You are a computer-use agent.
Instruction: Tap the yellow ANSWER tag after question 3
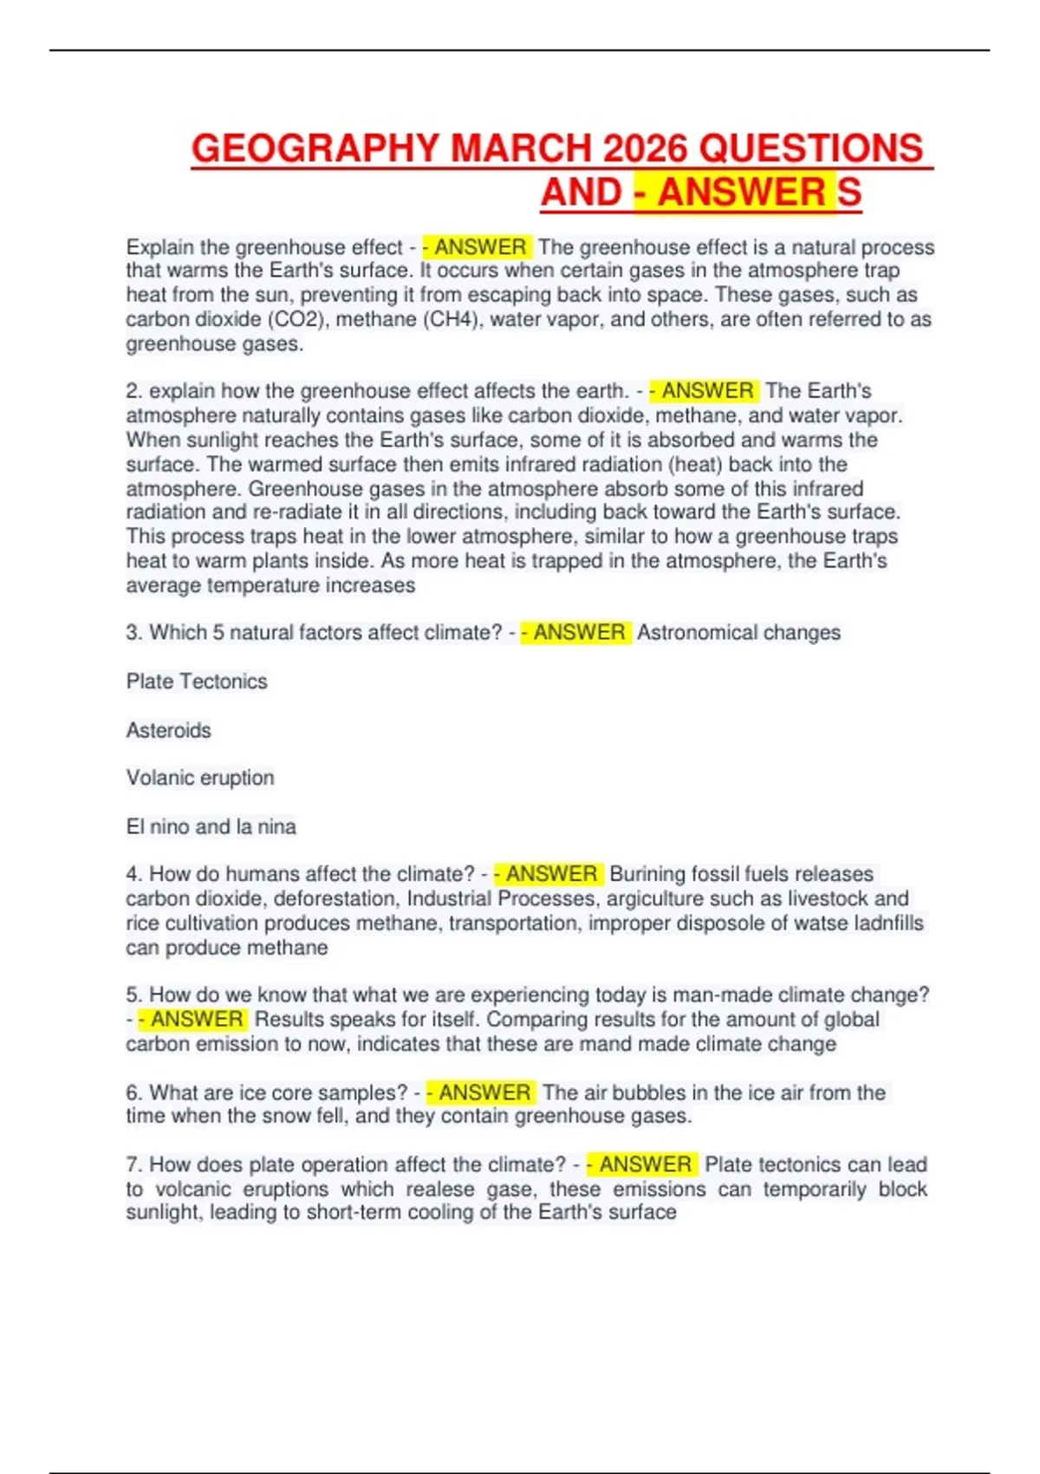[x=575, y=633]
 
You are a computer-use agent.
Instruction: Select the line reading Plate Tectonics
[x=197, y=682]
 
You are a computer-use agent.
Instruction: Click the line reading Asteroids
[x=169, y=730]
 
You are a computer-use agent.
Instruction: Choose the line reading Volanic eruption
[x=200, y=778]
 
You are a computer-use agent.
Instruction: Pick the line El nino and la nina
[x=211, y=826]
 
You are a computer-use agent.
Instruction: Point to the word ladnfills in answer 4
[x=888, y=923]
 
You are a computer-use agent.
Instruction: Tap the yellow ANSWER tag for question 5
[x=193, y=1019]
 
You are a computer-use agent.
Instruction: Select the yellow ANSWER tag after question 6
[x=481, y=1092]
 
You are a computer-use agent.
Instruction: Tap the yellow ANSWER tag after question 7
[x=642, y=1164]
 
